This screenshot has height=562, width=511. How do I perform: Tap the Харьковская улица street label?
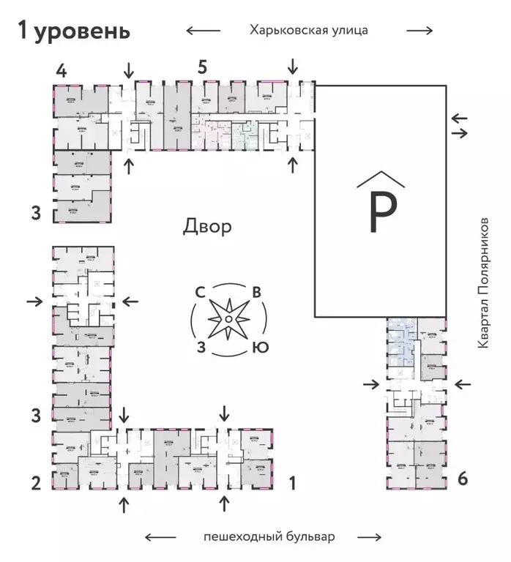click(x=307, y=30)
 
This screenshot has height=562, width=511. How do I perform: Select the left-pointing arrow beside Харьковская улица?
click(x=203, y=31)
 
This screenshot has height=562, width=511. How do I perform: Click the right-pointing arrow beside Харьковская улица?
click(x=419, y=31)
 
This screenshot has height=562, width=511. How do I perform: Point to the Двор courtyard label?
click(x=207, y=226)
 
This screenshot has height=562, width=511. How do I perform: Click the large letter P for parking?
click(x=381, y=212)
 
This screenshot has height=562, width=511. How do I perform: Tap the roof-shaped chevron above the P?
click(x=381, y=179)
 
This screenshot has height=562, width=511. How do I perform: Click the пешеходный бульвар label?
click(x=269, y=537)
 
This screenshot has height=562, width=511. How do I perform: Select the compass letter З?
click(x=199, y=347)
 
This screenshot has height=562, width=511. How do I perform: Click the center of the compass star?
click(x=228, y=320)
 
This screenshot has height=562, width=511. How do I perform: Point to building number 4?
click(x=62, y=71)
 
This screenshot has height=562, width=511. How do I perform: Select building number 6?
click(x=462, y=479)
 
